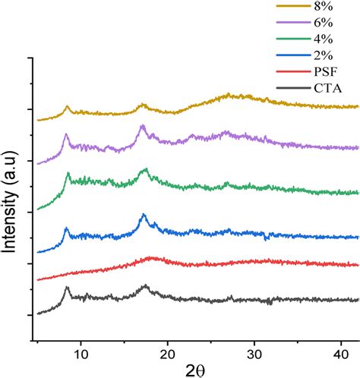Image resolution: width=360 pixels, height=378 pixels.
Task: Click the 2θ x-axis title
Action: pyautogui.click(x=195, y=370)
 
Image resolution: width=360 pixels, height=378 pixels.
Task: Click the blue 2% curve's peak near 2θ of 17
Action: pyautogui.click(x=144, y=216)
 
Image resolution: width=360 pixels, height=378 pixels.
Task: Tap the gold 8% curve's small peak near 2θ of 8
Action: pyautogui.click(x=67, y=107)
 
